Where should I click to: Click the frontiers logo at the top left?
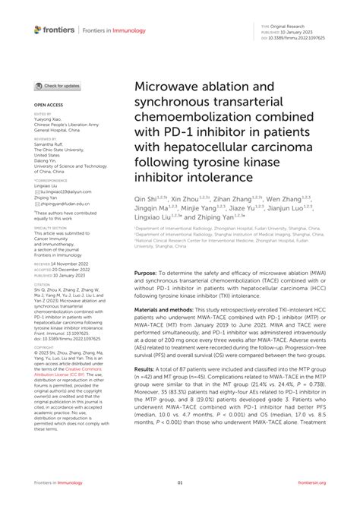coord(54,30)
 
